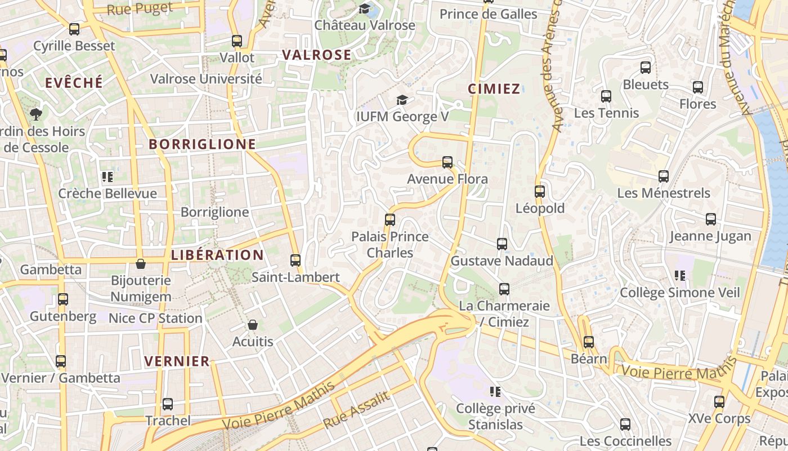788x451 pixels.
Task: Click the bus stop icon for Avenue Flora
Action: pos(447,162)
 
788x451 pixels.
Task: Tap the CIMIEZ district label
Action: pos(494,89)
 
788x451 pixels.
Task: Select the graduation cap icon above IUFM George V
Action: pos(402,100)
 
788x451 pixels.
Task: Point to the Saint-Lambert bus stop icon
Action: pos(295,260)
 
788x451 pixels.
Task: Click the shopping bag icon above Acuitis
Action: pos(253,325)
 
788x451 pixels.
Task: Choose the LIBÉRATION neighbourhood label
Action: pos(217,255)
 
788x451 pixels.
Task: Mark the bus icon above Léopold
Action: pos(540,192)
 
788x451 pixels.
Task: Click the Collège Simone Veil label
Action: pos(679,293)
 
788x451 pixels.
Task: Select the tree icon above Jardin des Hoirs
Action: pos(37,114)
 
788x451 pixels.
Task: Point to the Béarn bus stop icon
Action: pos(589,342)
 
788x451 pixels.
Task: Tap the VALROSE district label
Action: pos(316,55)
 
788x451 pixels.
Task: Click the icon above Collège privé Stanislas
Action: pos(495,391)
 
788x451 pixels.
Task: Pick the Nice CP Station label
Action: pos(155,318)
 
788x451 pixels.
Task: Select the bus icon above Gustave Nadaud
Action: pos(502,244)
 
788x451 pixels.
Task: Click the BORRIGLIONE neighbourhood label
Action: pos(202,144)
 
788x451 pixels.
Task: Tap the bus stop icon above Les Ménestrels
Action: pos(664,176)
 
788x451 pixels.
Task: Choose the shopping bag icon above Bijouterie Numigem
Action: pos(141,264)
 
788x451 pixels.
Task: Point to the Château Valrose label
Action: pos(364,25)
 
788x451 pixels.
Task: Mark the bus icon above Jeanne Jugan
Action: pos(711,219)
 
